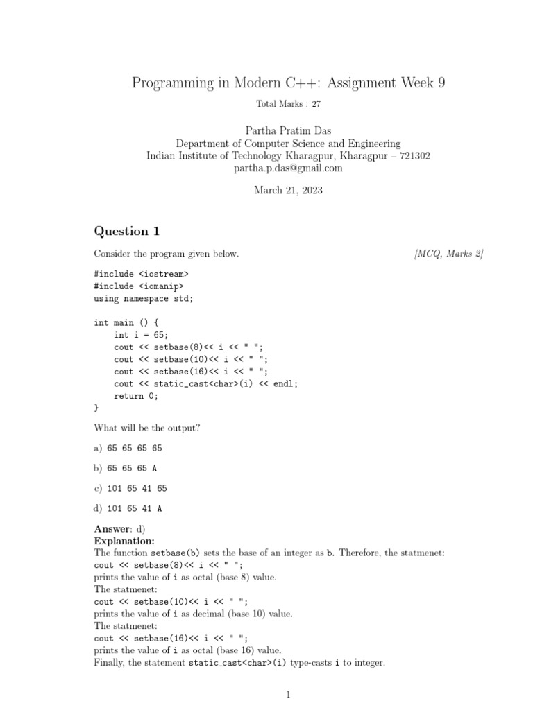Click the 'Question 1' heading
(121, 231)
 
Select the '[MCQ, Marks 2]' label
(448, 254)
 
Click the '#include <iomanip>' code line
(139, 285)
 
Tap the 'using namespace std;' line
(144, 297)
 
